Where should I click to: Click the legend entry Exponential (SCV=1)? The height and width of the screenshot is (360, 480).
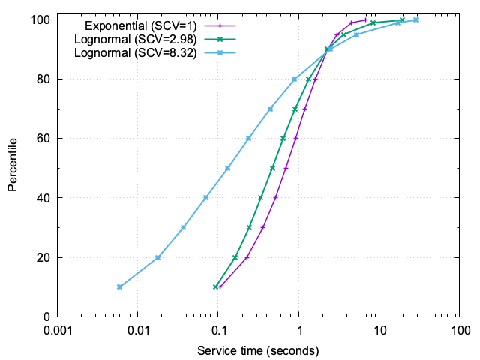141,25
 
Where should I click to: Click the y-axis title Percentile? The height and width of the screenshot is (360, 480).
13,163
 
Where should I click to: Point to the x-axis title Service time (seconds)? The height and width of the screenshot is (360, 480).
258,350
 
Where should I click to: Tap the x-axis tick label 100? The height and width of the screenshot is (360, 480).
459,331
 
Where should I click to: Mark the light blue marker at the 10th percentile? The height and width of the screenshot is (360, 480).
119,286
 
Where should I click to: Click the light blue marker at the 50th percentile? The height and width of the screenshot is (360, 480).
227,168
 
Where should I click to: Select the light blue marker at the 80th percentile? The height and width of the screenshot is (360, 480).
294,79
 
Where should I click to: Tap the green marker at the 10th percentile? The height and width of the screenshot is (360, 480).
215,286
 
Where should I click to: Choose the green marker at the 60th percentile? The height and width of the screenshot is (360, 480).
283,138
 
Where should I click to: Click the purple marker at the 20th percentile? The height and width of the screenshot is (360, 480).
247,257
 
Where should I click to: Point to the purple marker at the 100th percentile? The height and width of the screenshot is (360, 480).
365,19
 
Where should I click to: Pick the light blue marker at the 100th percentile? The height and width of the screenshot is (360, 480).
415,19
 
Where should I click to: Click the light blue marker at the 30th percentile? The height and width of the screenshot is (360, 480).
183,227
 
